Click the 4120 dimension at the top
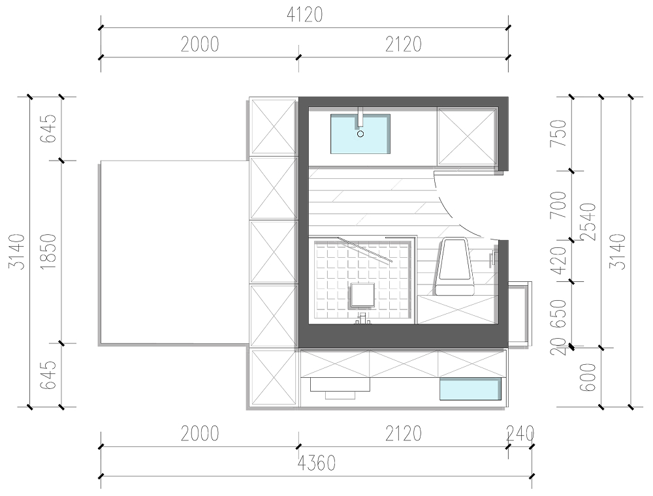304,15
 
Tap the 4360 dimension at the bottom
317,463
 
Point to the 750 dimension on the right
558,132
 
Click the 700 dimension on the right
558,205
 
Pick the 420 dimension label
558,260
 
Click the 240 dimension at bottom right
520,433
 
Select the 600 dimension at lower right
588,377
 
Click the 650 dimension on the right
558,313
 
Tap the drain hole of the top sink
360,134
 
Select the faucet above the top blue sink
360,117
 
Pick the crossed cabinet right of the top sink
468,136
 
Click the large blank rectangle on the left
174,252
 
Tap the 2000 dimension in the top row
200,44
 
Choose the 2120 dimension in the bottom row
403,433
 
